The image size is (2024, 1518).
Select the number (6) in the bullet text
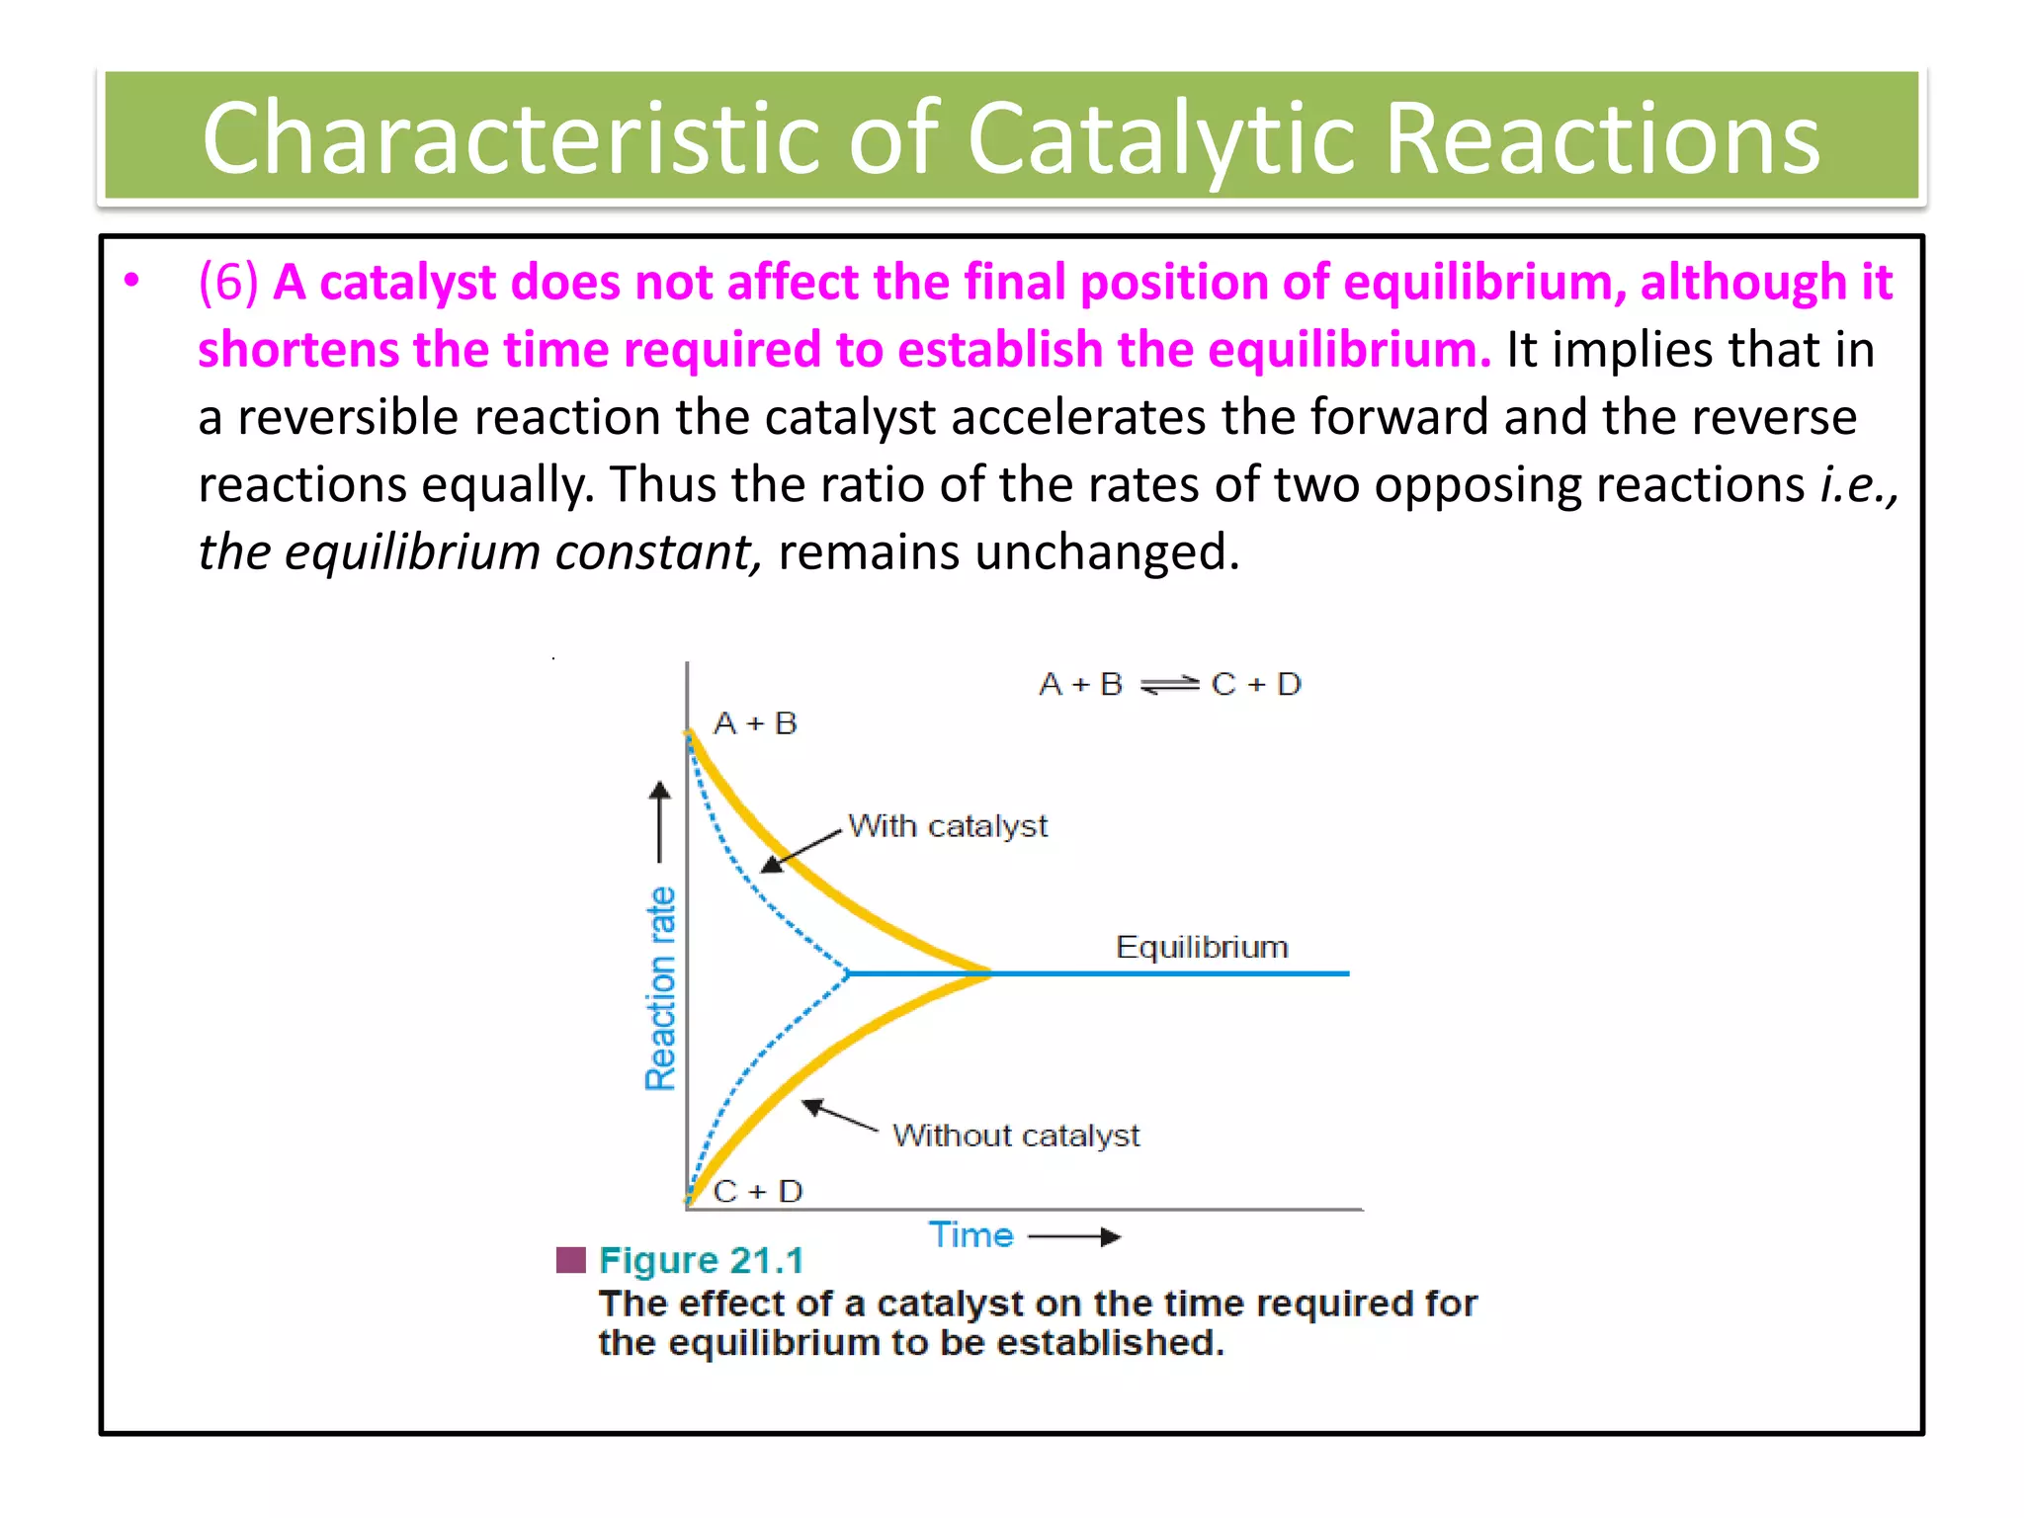pos(228,283)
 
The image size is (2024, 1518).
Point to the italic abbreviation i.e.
pos(1855,484)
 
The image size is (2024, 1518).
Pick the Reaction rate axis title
pos(660,988)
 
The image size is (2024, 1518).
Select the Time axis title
pos(970,1235)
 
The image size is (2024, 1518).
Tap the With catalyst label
pos(948,826)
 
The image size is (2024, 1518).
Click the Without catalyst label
pos(1016,1136)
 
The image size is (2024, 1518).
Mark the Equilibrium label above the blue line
pos(1202,947)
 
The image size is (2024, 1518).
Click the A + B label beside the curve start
pos(755,723)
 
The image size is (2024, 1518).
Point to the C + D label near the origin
pos(758,1191)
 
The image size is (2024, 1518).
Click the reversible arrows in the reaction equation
pos(1168,684)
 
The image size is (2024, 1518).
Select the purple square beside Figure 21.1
pos(571,1260)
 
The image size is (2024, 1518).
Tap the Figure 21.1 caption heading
pos(701,1261)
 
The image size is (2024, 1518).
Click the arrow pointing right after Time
pos(1074,1236)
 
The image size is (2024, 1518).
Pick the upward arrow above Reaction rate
pos(660,820)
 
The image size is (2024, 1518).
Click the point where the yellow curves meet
pos(988,973)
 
